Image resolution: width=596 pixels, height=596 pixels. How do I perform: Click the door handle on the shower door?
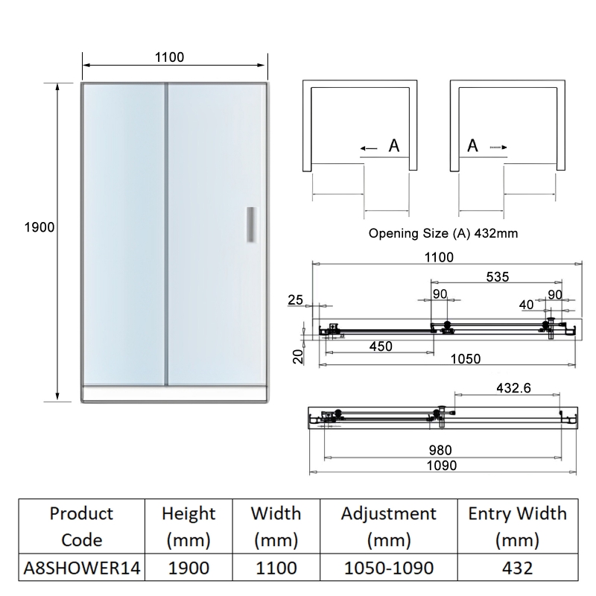pyautogui.click(x=252, y=224)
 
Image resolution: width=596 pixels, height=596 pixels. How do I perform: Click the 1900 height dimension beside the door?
pyautogui.click(x=39, y=226)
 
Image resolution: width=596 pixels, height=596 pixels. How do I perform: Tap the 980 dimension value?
pyautogui.click(x=440, y=450)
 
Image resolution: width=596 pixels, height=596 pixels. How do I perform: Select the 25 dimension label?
pyautogui.click(x=295, y=300)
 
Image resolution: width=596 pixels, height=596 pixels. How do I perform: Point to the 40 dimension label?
pyautogui.click(x=526, y=304)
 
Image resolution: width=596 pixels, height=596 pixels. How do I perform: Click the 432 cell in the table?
pyautogui.click(x=517, y=568)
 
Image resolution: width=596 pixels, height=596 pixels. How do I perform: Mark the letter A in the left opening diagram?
pyautogui.click(x=394, y=147)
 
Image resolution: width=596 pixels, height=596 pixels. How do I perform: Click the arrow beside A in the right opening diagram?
pyautogui.click(x=498, y=148)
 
